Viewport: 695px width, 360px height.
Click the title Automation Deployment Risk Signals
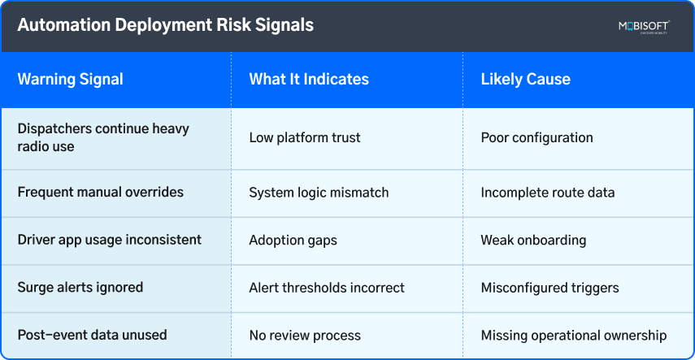tap(166, 25)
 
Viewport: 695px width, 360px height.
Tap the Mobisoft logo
tap(643, 27)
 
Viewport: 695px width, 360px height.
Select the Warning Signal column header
tap(71, 79)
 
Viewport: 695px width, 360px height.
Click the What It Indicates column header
tap(309, 79)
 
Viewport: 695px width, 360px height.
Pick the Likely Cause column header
tap(525, 79)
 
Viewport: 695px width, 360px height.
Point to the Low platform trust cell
tap(304, 137)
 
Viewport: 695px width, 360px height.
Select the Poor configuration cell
tap(536, 137)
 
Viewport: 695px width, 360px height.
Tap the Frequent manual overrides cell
tap(101, 193)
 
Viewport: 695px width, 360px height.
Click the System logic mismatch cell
tap(319, 193)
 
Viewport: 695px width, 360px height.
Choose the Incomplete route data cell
tap(547, 193)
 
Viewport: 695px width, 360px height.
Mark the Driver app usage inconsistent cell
tap(109, 240)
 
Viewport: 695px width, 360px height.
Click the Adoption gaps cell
tap(293, 240)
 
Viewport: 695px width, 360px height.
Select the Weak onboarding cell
tap(533, 240)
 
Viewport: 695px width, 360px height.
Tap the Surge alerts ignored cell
tap(80, 287)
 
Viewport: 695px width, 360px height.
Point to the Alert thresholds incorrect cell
tap(327, 287)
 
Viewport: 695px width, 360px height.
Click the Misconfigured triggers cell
tap(549, 287)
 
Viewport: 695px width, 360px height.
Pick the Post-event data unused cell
tap(92, 335)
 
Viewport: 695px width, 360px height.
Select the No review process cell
tap(305, 335)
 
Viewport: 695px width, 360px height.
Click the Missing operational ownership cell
tap(574, 335)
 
